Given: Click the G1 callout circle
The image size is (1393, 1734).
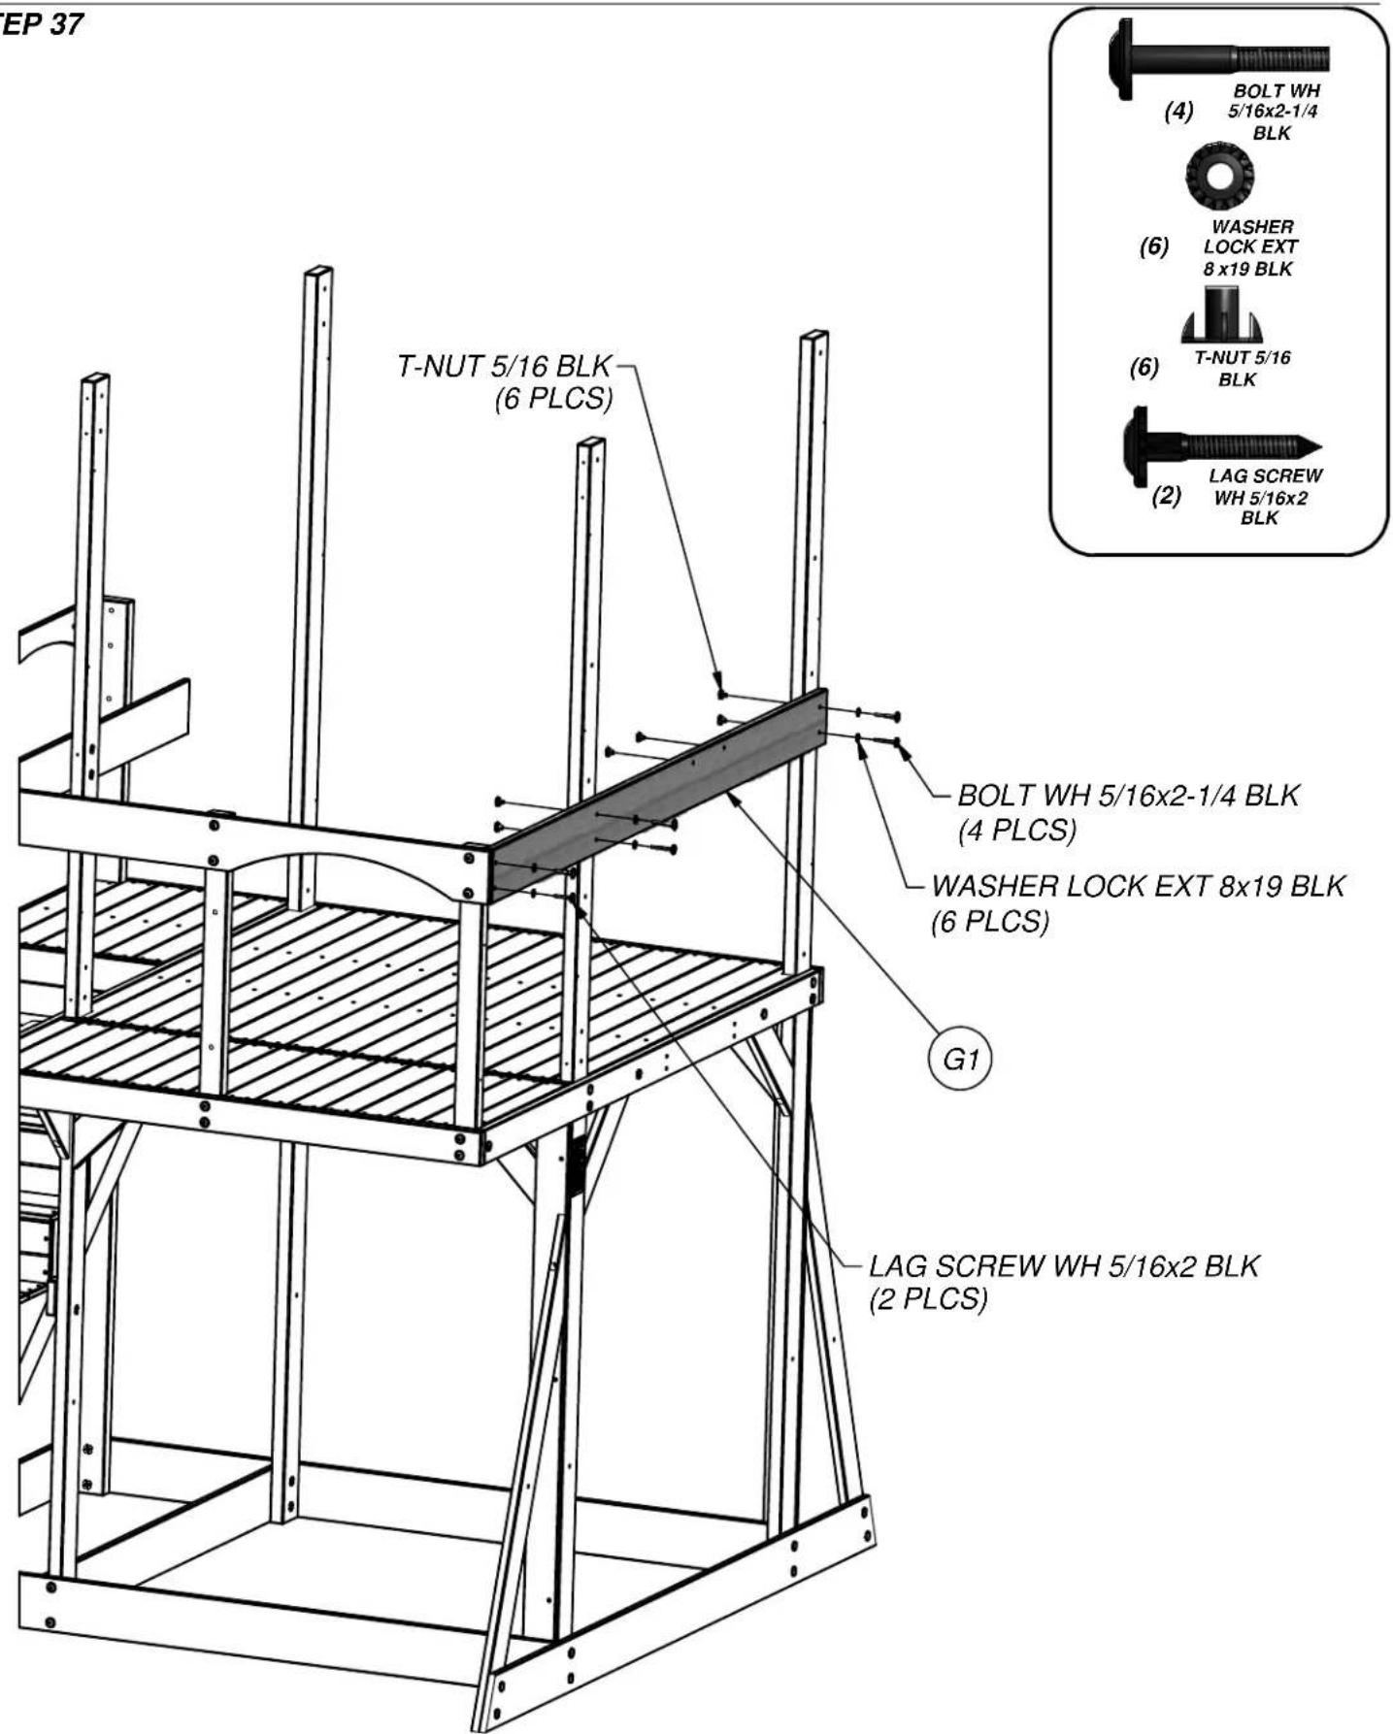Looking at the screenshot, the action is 960,1059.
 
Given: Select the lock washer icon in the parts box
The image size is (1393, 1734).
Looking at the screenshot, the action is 1219,175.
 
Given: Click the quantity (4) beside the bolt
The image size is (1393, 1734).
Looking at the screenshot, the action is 1178,111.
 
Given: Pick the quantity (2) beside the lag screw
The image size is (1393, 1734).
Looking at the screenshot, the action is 1167,496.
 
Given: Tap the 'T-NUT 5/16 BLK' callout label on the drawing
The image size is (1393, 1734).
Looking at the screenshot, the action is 505,366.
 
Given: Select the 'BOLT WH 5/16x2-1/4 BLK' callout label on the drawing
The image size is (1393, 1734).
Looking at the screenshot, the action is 1128,796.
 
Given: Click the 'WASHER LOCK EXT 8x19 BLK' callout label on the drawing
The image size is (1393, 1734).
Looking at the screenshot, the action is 1138,886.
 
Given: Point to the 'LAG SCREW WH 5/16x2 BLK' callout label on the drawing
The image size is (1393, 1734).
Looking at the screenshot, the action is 1064,1265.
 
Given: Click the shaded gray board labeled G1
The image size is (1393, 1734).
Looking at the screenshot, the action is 659,791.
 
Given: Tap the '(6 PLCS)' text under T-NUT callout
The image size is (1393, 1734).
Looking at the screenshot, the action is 554,399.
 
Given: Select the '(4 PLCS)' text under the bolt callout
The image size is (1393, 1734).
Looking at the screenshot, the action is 1017,831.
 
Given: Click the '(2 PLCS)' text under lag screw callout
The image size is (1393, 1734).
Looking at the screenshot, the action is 928,1298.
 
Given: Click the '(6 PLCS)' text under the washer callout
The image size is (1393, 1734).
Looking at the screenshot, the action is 990,921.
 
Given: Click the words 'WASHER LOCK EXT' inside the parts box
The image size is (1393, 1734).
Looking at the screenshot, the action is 1250,237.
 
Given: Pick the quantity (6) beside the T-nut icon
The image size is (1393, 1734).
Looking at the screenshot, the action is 1144,368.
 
